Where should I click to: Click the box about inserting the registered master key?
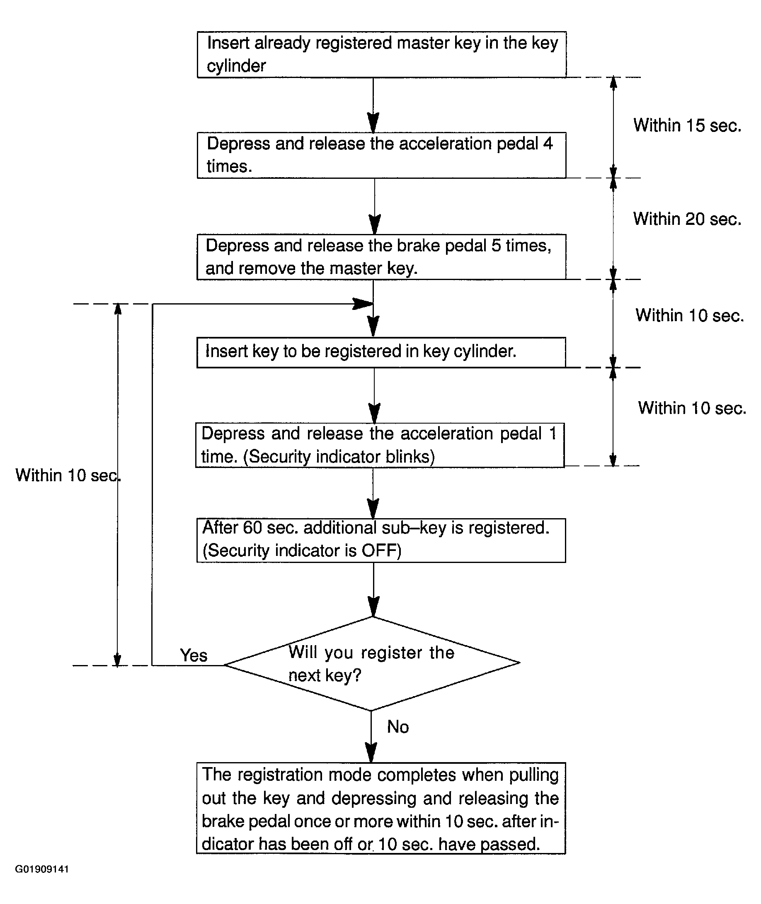[382, 54]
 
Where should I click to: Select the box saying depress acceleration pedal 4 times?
[382, 156]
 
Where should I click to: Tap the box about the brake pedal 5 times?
[382, 257]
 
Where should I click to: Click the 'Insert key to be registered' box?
[381, 352]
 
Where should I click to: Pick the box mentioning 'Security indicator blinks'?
[380, 445]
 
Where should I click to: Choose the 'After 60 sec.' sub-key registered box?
[381, 540]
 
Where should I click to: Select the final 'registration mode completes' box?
[381, 808]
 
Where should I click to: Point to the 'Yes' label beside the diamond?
[194, 655]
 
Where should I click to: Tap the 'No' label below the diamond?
[398, 726]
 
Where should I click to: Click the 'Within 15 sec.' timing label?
[687, 125]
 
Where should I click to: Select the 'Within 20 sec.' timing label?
[687, 219]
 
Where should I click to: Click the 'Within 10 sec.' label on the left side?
[68, 475]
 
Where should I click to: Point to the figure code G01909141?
[42, 869]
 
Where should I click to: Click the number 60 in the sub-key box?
[252, 528]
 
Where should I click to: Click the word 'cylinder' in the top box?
[236, 66]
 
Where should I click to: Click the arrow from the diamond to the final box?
[371, 736]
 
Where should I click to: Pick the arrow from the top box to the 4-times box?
[373, 105]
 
